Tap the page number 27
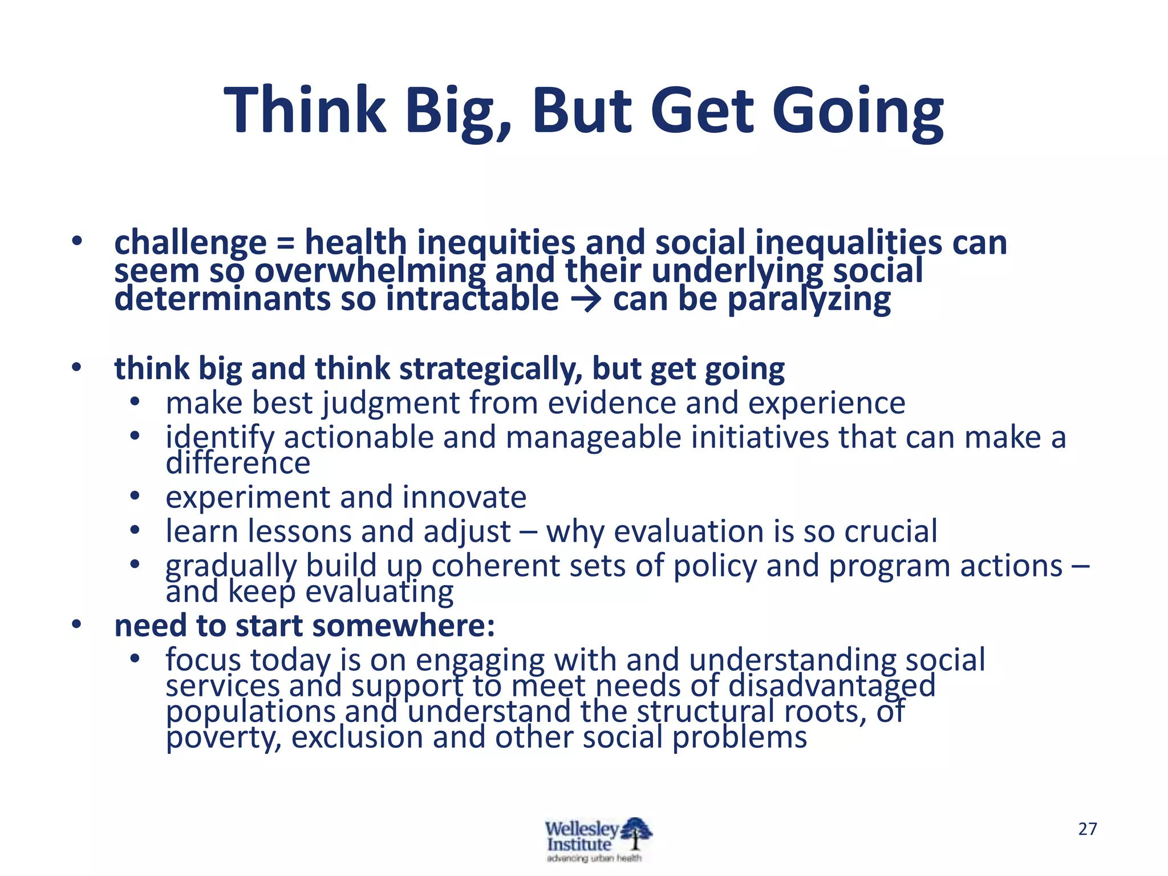click(x=1088, y=829)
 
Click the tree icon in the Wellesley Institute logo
click(x=636, y=834)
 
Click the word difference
click(x=238, y=463)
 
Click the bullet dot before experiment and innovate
click(x=135, y=496)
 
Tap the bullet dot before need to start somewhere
click(x=76, y=625)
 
